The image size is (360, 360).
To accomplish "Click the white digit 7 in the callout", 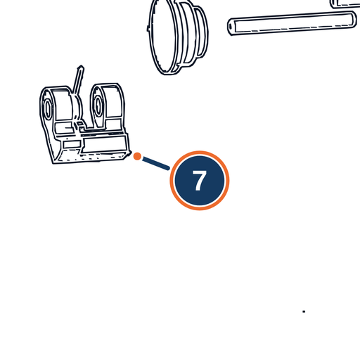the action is [200, 180].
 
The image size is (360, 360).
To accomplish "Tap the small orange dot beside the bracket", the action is [137, 156].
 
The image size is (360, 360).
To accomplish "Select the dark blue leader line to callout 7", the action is [156, 163].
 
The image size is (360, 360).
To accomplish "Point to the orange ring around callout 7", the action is [200, 152].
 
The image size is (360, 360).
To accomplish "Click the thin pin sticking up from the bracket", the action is [78, 80].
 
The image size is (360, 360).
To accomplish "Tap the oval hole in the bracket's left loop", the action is [48, 109].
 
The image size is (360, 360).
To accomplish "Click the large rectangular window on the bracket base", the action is [105, 144].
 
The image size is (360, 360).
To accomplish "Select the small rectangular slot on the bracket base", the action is [72, 144].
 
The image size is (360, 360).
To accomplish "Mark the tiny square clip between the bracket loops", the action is [79, 124].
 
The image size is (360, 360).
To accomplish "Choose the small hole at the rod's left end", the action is [231, 27].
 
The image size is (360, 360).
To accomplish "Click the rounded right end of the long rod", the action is [353, 20].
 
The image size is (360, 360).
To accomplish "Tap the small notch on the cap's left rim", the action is [148, 28].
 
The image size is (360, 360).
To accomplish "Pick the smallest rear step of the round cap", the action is [202, 32].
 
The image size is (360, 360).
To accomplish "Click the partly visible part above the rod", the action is [345, 4].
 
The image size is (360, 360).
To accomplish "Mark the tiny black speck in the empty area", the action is [304, 311].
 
